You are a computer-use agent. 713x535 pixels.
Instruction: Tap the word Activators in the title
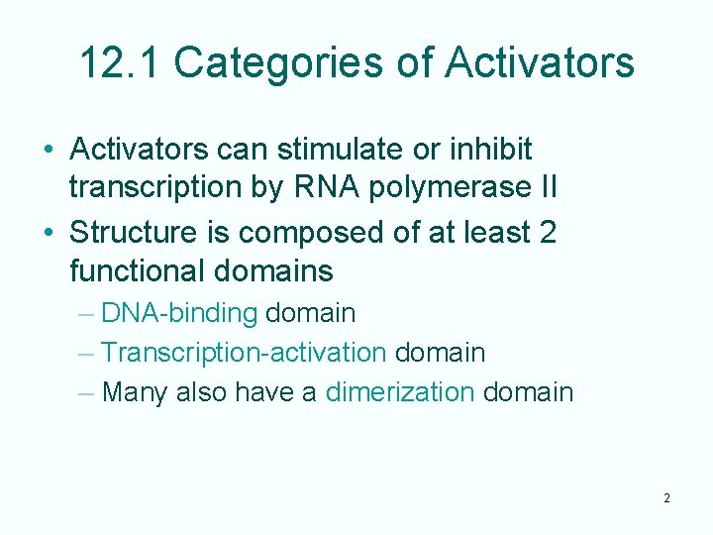[x=540, y=62]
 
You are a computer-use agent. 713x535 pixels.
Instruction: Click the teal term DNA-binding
[x=179, y=313]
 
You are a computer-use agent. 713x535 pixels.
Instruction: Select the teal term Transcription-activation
[x=244, y=352]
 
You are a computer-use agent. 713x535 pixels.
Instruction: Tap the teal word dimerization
[x=400, y=391]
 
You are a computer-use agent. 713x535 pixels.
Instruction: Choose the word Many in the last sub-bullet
[x=135, y=391]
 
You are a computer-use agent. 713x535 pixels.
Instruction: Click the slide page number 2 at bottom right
[x=666, y=497]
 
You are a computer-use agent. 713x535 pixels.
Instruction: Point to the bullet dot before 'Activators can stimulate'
[x=48, y=151]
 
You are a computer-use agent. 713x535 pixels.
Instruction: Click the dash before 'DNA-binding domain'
[x=85, y=314]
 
